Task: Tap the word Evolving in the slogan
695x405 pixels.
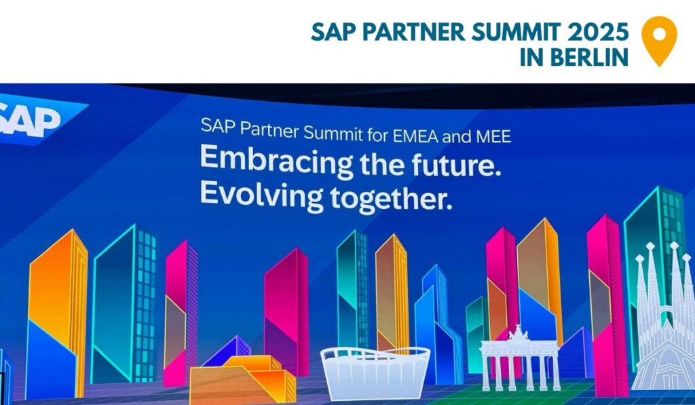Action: [x=261, y=194]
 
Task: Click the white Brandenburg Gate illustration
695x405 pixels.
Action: [x=520, y=359]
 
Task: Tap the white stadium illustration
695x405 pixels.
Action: [x=375, y=372]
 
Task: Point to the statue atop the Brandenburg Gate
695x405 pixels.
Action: [x=518, y=333]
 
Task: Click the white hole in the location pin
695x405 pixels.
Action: [x=660, y=34]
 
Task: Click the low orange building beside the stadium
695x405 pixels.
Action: [x=243, y=379]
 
